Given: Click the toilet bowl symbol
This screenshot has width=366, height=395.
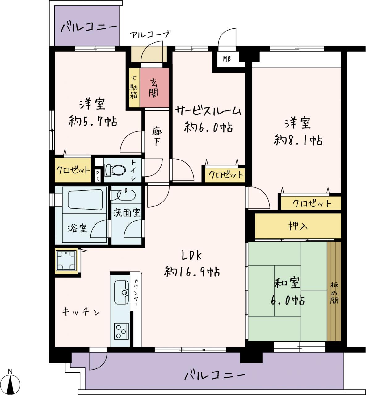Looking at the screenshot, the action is [115, 170].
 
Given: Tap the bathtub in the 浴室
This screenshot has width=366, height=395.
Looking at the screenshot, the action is [85, 200].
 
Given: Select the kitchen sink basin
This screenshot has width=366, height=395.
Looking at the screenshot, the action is [121, 292].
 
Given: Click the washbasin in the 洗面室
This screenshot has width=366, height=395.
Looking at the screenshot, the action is [126, 195].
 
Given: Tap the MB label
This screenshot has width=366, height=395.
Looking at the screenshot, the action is [227, 59].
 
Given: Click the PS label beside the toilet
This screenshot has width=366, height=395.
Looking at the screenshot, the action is [97, 176].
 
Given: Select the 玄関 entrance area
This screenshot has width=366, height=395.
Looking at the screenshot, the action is [154, 88].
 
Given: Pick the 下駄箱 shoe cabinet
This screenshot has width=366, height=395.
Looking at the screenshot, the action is [134, 88].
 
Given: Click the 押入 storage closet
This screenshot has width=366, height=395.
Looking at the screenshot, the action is [298, 226].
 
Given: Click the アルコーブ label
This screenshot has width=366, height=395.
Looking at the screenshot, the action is [150, 35].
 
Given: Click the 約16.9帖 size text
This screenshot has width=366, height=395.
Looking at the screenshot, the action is [192, 272].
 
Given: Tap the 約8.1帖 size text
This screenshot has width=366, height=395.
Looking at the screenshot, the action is [298, 140].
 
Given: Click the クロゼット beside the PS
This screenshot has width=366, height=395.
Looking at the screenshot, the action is [73, 170].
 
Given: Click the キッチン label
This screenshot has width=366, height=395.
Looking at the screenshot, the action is [81, 312].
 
